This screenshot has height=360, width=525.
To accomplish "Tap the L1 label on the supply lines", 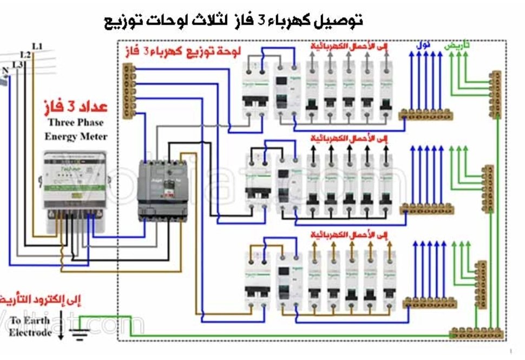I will [37, 47].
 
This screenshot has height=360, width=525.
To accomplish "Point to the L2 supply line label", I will [25, 55].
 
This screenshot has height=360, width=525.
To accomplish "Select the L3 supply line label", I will [18, 64].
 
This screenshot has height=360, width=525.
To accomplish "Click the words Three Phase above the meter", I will [75, 122].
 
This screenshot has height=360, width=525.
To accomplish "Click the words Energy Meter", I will [75, 136].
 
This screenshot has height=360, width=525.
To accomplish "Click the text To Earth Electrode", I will [30, 326].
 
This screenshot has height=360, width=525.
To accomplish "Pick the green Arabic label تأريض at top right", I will [457, 46].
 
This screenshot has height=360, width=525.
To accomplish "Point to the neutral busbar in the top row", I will [426, 114].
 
